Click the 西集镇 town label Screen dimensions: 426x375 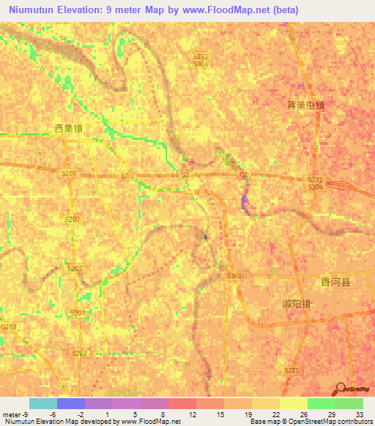coord(68,128)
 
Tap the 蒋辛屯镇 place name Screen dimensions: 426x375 coord(305,105)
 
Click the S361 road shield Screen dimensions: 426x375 coord(234,275)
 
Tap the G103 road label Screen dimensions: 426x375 coord(9,326)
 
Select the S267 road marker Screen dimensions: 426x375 coord(80,353)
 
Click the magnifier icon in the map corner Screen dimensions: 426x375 coord(340,389)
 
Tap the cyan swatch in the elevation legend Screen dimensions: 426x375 coord(43,403)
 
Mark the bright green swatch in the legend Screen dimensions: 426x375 coord(321,403)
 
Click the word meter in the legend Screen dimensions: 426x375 coord(11,414)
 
